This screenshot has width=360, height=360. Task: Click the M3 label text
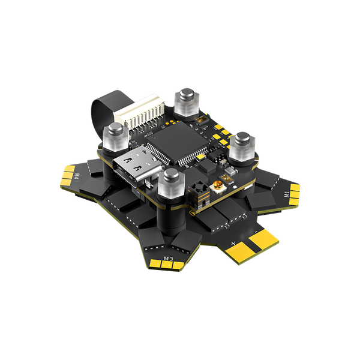click(x=169, y=259)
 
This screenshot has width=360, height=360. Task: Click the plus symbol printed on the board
click(x=233, y=243)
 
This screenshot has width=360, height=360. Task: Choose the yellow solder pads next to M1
click(x=295, y=191)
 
